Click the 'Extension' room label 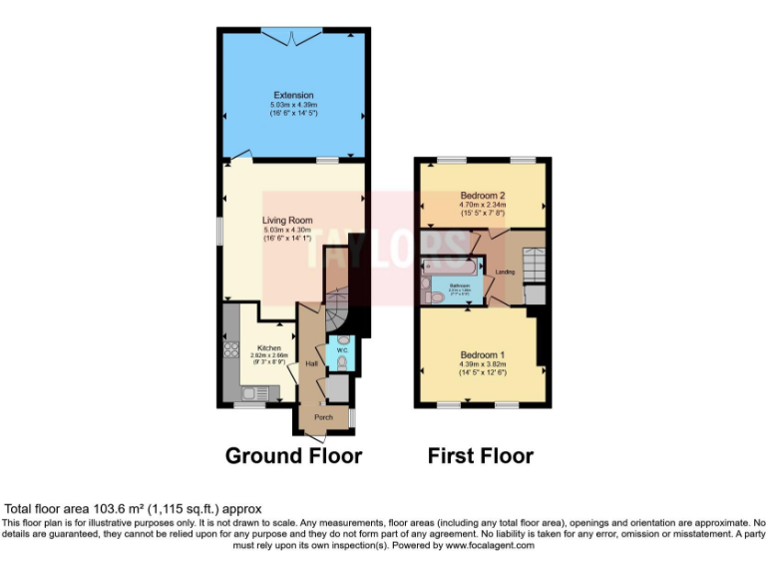293,96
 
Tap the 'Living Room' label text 287,221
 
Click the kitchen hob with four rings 232,349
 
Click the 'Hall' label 311,364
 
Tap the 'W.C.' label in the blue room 340,350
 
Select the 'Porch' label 323,416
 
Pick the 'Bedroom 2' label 483,196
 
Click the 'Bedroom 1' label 483,355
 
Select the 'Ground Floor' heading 293,456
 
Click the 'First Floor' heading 481,456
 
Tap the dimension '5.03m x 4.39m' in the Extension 293,105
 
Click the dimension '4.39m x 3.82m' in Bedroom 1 483,364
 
